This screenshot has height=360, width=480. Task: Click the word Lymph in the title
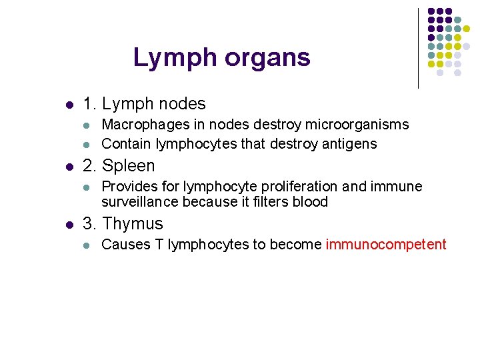(x=175, y=58)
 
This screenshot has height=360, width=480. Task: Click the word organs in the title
(x=267, y=59)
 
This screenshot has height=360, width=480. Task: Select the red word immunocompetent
(x=386, y=245)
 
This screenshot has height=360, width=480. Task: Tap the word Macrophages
(x=139, y=125)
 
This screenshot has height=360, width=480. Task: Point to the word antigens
(x=353, y=144)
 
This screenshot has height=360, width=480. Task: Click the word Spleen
(x=129, y=166)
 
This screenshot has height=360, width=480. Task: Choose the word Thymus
(x=133, y=224)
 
